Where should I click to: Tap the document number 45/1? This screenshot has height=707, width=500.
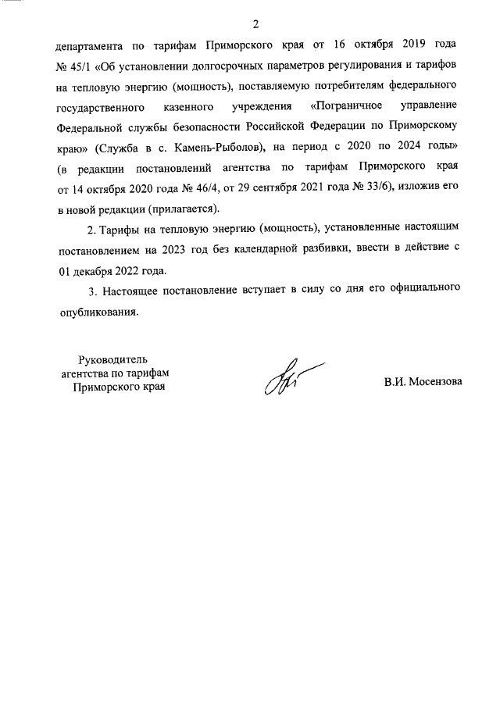(x=83, y=66)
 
